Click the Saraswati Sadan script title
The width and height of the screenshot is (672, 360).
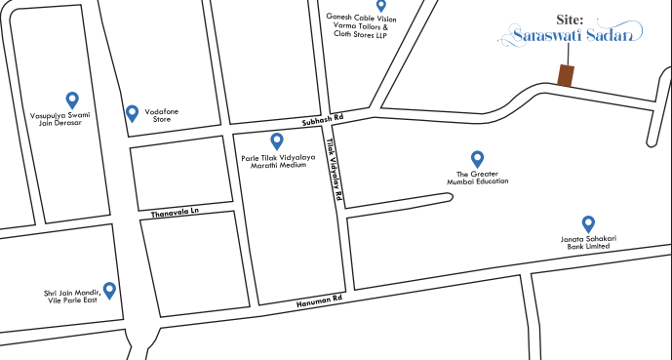click(571, 38)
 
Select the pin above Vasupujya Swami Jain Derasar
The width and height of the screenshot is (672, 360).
click(71, 99)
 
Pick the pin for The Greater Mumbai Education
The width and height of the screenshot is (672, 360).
click(477, 158)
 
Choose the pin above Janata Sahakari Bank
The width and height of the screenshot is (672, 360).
click(588, 223)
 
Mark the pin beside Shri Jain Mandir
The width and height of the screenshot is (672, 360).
click(109, 290)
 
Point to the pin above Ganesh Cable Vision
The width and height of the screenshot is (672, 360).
click(381, 6)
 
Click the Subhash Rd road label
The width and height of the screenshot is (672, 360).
click(323, 120)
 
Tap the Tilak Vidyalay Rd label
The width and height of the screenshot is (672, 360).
click(335, 170)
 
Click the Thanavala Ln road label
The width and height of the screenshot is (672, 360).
click(175, 211)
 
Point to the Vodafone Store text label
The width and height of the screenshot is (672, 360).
click(163, 117)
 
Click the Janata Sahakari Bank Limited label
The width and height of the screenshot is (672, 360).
click(588, 243)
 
